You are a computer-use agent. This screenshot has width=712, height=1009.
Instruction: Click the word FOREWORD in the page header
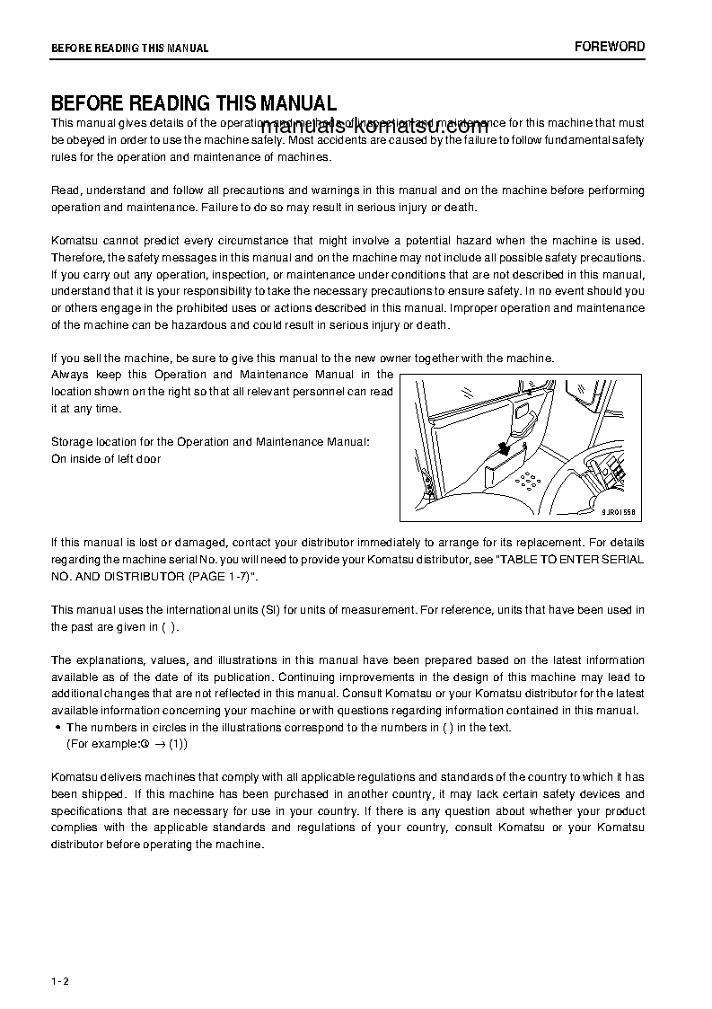610,47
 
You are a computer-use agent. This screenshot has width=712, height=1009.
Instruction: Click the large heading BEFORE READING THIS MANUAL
194,103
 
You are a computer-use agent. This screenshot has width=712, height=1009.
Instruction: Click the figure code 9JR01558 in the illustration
619,511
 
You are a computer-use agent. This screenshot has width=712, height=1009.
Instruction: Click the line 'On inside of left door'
106,459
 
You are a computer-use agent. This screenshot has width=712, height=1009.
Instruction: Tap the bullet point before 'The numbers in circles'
57,728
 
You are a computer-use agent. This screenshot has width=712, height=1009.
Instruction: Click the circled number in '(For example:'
144,745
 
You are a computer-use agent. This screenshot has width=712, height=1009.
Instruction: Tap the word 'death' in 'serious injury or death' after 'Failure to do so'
460,208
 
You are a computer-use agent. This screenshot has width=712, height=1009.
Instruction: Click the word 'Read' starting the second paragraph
65,190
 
